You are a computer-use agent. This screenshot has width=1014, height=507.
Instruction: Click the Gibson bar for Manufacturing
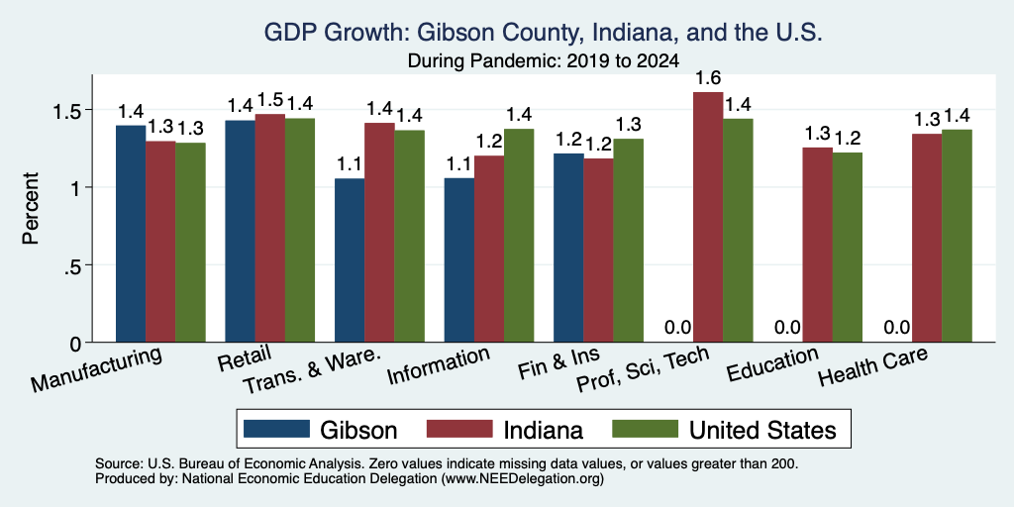(x=131, y=234)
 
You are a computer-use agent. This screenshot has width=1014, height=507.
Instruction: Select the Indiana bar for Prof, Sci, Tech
(x=708, y=217)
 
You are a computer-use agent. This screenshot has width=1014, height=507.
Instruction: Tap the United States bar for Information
(x=519, y=236)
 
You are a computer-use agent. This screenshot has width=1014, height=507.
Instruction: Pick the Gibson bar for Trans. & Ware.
(x=350, y=260)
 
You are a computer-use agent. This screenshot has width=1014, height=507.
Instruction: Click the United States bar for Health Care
(x=958, y=236)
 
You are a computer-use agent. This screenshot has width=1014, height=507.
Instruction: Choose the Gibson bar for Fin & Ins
(x=568, y=248)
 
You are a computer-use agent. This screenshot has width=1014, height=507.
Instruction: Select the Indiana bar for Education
(x=817, y=246)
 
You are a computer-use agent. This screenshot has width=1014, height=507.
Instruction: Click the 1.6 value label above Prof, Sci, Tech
(x=708, y=78)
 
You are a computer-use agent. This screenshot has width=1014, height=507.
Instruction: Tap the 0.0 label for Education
(x=787, y=328)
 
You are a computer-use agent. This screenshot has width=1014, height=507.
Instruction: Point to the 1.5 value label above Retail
(x=269, y=100)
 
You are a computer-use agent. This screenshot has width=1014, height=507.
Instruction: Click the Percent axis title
(x=31, y=208)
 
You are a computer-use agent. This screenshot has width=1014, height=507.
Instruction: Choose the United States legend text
(x=762, y=430)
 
